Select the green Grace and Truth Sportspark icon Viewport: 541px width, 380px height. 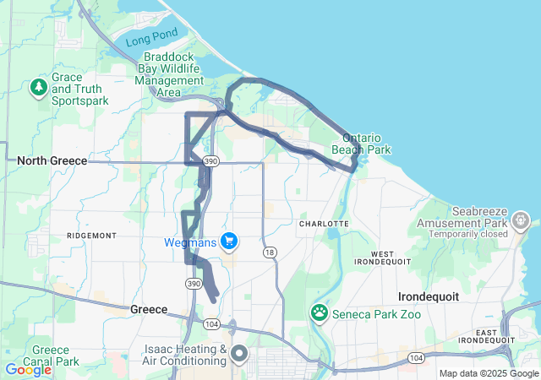pos(38,87)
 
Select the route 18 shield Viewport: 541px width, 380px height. pos(270,252)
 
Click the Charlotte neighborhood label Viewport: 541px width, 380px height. pos(324,223)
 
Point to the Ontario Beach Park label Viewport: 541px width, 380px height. pos(366,144)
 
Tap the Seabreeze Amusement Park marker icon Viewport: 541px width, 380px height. pos(521,222)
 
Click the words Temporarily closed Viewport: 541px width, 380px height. pos(467,234)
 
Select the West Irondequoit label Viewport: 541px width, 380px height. pos(381,259)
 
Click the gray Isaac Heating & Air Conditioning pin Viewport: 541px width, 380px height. pos(239,353)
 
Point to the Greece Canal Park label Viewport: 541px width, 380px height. pos(56,355)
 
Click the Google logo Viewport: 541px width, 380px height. pos(28,369)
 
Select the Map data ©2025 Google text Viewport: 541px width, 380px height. pos(488,373)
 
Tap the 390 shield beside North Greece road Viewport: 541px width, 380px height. pos(211,160)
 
